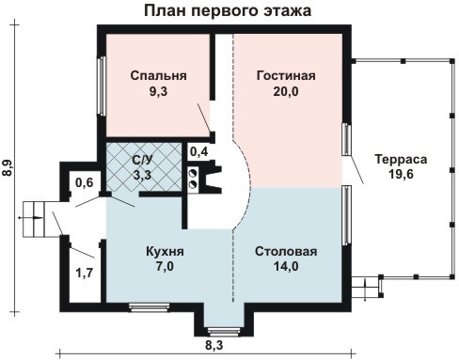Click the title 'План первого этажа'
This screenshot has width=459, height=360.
228,10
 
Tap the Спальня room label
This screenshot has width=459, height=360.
158,75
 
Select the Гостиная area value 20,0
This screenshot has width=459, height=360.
286,91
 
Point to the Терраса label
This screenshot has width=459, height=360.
401,159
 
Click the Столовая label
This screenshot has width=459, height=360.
286,251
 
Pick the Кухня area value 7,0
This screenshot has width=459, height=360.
165,266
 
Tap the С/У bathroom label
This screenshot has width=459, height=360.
142,160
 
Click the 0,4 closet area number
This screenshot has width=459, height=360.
199,152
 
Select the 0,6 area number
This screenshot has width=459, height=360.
85,182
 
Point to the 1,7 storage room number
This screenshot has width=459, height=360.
85,273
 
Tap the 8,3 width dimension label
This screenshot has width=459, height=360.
214,345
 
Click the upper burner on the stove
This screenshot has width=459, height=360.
193,173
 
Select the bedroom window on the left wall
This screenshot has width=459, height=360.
102,86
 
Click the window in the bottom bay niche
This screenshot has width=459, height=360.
224,332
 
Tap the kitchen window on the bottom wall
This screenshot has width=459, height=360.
150,307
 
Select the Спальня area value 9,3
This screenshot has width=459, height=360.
158,91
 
